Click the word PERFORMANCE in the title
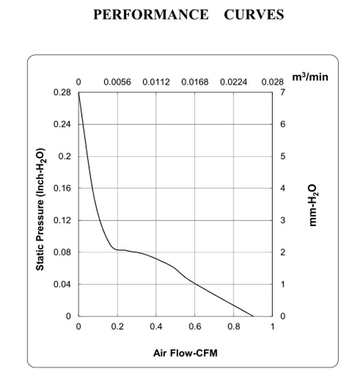pyautogui.click(x=151, y=15)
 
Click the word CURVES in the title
pyautogui.click(x=254, y=15)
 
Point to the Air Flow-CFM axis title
pyautogui.click(x=185, y=353)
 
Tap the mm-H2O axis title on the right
pyautogui.click(x=312, y=205)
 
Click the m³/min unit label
pyautogui.click(x=310, y=76)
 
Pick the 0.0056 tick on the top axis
pyautogui.click(x=117, y=82)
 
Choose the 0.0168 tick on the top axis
pyautogui.click(x=195, y=82)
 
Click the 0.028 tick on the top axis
pyautogui.click(x=273, y=82)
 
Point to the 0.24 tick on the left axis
pyautogui.click(x=62, y=124)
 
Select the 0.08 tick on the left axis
pyautogui.click(x=62, y=252)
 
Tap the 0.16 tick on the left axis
pyautogui.click(x=62, y=188)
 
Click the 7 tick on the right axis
pyautogui.click(x=283, y=92)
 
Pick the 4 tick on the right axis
pyautogui.click(x=283, y=188)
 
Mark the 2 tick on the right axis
pyautogui.click(x=283, y=252)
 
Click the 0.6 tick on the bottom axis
pyautogui.click(x=195, y=327)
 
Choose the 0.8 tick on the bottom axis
pyautogui.click(x=234, y=327)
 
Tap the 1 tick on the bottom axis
pyautogui.click(x=273, y=327)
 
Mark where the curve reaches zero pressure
pyautogui.click(x=253, y=316)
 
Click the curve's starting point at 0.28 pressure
pyautogui.click(x=79, y=93)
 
